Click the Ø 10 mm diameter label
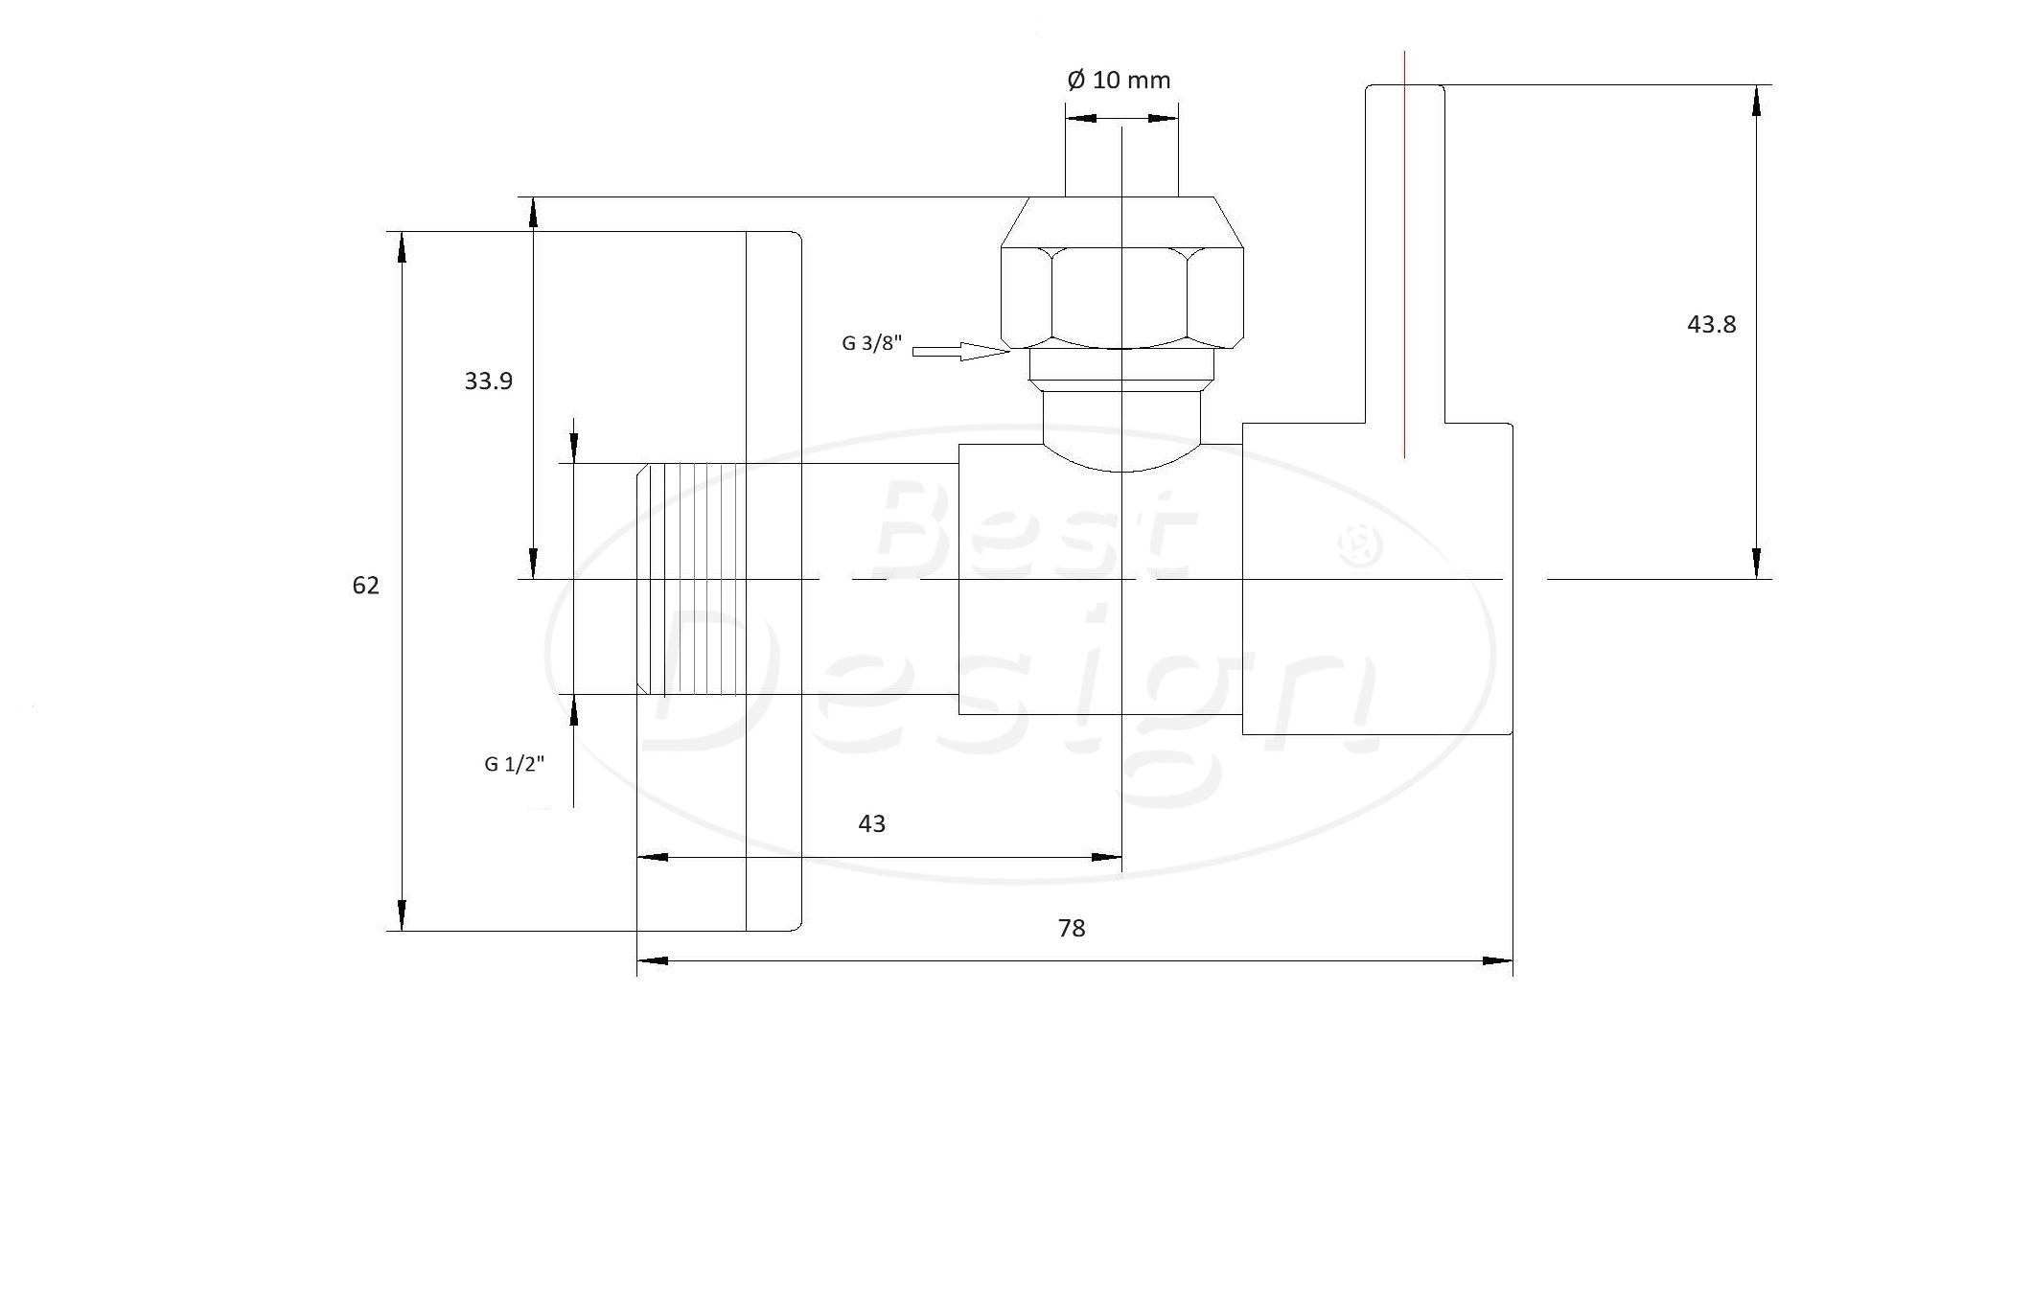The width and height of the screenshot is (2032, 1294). tap(1119, 80)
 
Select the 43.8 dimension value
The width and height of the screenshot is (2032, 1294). tap(1711, 325)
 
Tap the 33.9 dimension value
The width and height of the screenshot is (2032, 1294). tap(489, 381)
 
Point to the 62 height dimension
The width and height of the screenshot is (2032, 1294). tap(366, 586)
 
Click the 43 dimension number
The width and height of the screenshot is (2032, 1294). tap(871, 824)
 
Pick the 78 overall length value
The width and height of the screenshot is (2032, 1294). tap(1072, 929)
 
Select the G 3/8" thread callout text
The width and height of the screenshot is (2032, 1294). tap(872, 343)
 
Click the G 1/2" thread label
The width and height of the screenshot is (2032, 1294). tap(515, 764)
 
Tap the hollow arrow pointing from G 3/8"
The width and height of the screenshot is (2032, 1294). tap(961, 352)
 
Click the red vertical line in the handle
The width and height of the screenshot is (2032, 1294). tap(1404, 254)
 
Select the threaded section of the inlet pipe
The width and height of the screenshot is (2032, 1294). tap(691, 579)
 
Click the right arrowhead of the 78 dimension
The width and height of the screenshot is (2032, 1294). tap(1497, 960)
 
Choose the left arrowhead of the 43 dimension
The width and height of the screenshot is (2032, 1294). tap(653, 857)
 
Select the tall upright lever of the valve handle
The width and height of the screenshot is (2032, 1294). tap(1404, 254)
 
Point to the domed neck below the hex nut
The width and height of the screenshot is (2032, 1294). tap(1121, 429)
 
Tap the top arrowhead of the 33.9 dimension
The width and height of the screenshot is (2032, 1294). tap(534, 213)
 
